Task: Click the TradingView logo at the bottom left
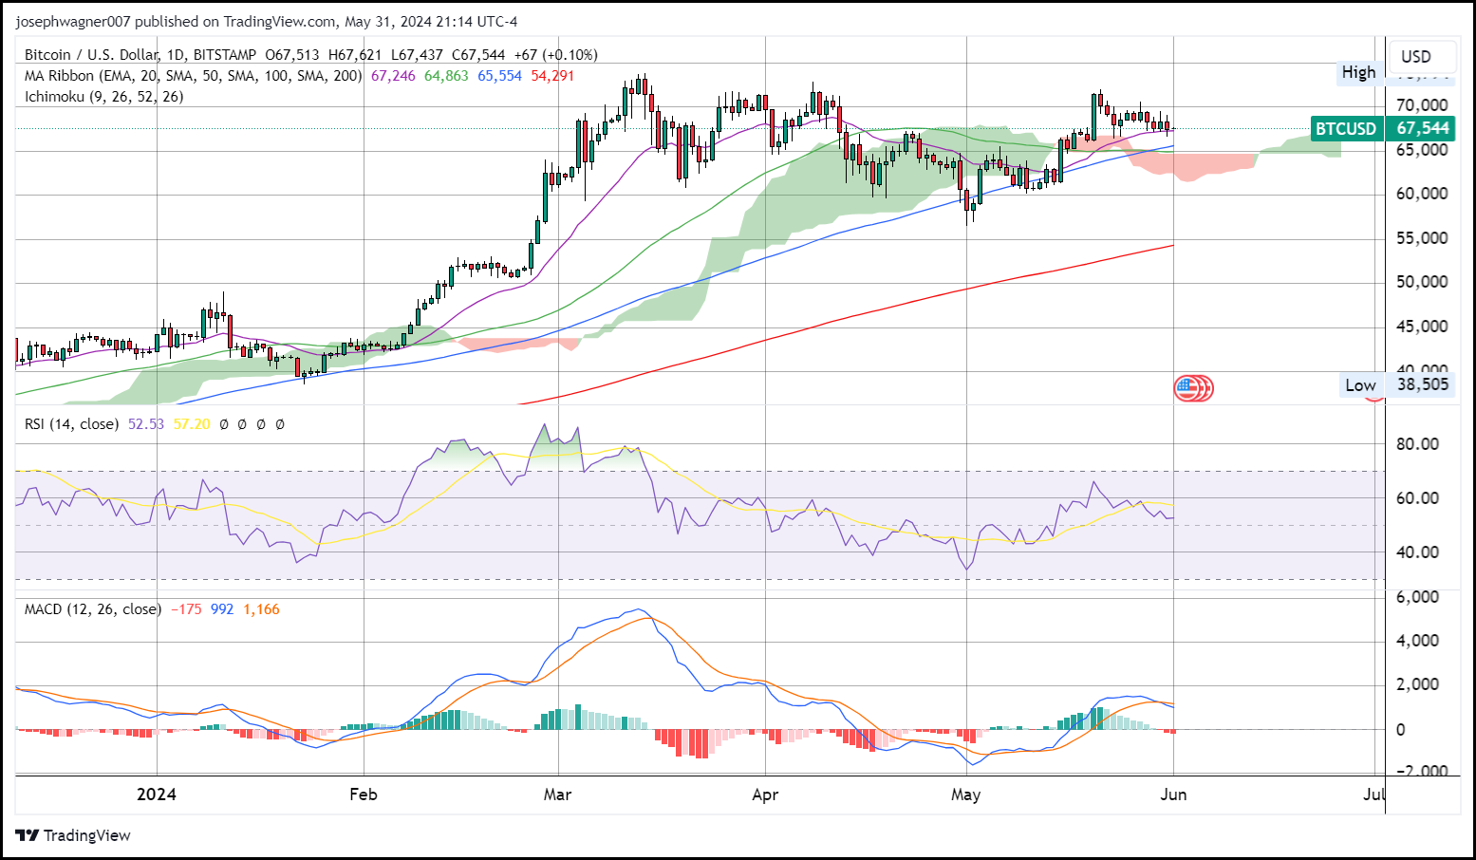point(73,835)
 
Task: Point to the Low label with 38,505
point(1398,385)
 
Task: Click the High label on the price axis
point(1358,72)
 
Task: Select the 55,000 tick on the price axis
point(1421,237)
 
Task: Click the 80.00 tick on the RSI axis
point(1416,444)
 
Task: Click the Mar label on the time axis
point(557,795)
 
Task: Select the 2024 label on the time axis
point(156,795)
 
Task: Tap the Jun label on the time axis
point(1173,795)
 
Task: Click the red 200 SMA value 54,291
point(552,76)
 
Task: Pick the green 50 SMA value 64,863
point(446,76)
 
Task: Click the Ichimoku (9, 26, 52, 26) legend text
point(104,97)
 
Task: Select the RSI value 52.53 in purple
point(146,424)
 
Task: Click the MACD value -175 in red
point(186,609)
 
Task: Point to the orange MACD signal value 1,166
point(261,609)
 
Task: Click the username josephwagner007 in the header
point(72,21)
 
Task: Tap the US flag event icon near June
point(1186,387)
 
